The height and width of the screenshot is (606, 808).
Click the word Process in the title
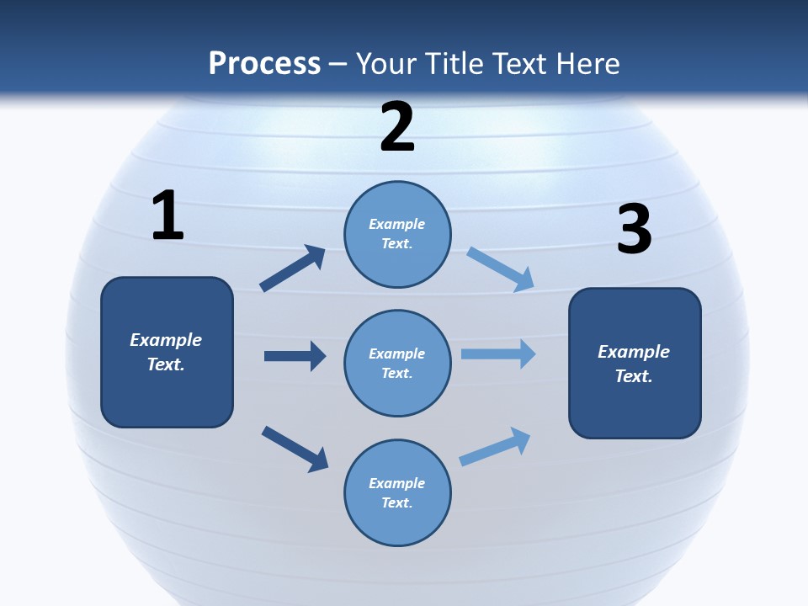point(264,64)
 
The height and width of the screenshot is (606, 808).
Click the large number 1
point(167,216)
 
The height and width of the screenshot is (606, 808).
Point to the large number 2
point(397,127)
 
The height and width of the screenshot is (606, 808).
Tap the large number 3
point(634,230)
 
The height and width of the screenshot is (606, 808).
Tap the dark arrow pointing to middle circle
point(295,356)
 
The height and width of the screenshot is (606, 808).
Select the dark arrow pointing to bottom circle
point(295,448)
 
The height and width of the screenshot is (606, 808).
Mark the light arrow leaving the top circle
point(500,268)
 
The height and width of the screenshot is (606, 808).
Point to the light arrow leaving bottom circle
point(495,447)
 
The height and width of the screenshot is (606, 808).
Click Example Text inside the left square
point(166,352)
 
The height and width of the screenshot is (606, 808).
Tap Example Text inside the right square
point(634,364)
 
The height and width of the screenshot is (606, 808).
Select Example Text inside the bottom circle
point(397,493)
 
